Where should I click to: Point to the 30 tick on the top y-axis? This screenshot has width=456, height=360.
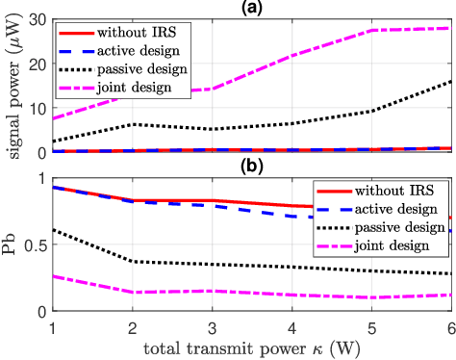39,18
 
